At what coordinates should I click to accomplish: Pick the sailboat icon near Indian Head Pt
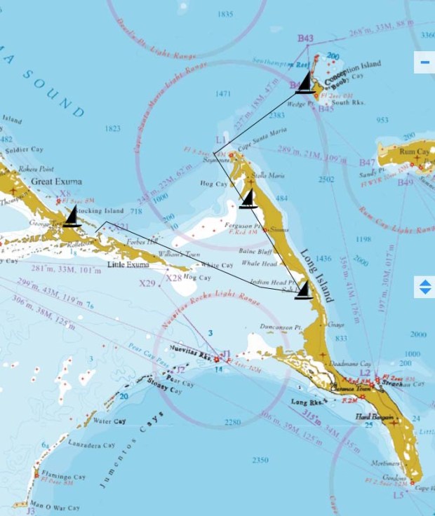(303, 289)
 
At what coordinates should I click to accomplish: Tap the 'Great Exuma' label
(56, 182)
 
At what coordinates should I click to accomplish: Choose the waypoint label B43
(305, 39)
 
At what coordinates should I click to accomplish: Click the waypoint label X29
(147, 284)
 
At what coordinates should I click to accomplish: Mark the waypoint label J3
(30, 511)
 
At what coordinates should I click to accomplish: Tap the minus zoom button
(424, 62)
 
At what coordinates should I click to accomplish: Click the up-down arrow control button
(424, 286)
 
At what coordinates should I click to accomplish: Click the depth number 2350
(259, 460)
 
